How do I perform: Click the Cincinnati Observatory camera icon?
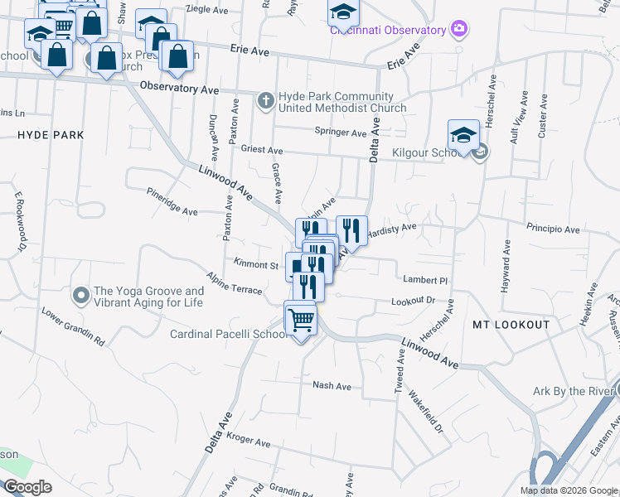[460, 31]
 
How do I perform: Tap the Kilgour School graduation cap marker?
[463, 136]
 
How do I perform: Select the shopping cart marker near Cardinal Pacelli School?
[301, 319]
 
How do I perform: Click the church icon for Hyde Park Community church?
[266, 101]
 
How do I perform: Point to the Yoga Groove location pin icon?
[81, 295]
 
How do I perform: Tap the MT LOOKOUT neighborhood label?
[511, 325]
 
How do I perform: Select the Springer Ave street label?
[340, 133]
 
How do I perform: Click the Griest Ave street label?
[261, 152]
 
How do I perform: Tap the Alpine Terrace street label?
[235, 282]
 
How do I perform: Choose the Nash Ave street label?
[332, 386]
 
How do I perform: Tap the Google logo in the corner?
[27, 486]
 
